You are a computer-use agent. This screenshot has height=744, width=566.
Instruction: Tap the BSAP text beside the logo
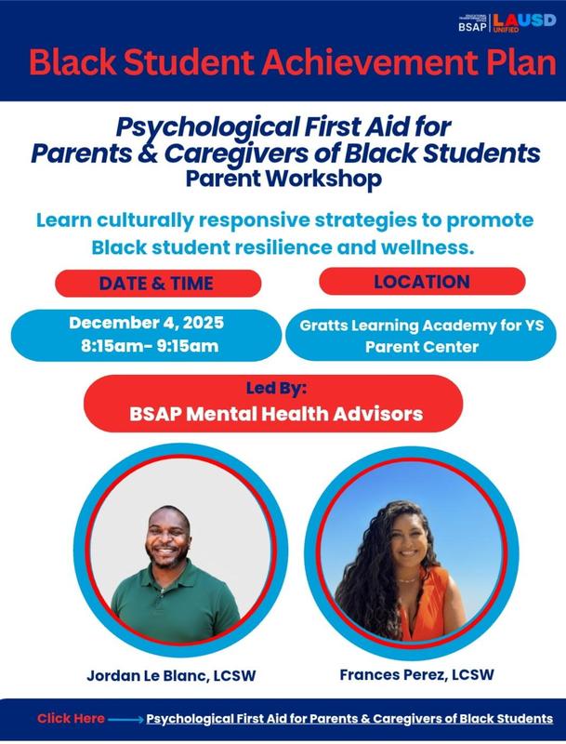pos(472,27)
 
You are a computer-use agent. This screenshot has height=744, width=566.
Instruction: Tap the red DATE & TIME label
pos(156,283)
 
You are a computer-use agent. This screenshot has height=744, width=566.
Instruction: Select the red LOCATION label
pos(422,281)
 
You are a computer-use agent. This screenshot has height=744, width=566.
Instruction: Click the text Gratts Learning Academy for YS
pos(428,325)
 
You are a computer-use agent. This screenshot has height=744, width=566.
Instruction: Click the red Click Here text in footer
pos(72,718)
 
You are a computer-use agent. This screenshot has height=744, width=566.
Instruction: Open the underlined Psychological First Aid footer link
pos(349,719)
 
